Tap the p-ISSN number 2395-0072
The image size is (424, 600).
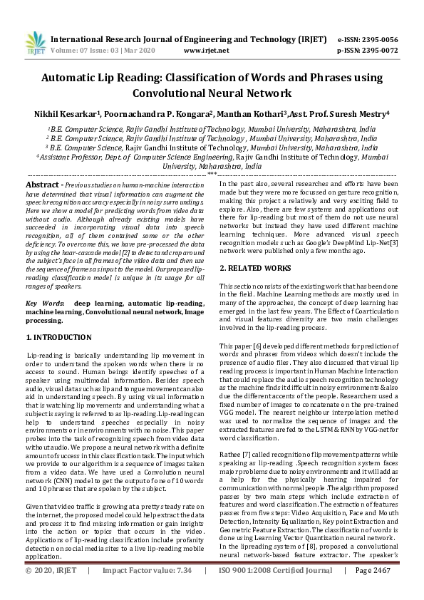tap(379, 51)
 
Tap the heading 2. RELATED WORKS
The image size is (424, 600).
tap(255, 267)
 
